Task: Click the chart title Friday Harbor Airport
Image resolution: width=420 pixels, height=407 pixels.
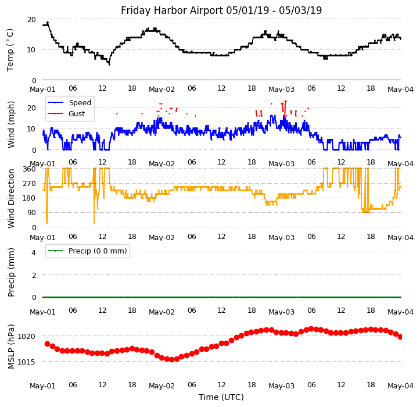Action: pyautogui.click(x=221, y=10)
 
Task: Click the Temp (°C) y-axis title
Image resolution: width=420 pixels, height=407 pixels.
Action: pyautogui.click(x=10, y=49)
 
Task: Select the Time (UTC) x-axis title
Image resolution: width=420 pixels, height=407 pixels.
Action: pyautogui.click(x=221, y=397)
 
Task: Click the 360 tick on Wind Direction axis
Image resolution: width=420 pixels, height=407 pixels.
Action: pyautogui.click(x=29, y=169)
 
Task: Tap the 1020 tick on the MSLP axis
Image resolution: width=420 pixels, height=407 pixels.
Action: pyautogui.click(x=27, y=336)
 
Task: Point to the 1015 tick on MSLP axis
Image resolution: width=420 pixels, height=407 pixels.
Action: pyautogui.click(x=27, y=362)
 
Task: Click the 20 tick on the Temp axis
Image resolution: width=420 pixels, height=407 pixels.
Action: pyautogui.click(x=31, y=19)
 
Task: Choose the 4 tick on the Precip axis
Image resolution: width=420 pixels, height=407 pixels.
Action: pyautogui.click(x=34, y=252)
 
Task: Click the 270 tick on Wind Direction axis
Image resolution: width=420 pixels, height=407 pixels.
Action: pyautogui.click(x=29, y=184)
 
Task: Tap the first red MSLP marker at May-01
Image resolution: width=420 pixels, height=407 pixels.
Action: pyautogui.click(x=47, y=344)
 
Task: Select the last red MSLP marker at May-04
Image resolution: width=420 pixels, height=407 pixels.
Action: pyautogui.click(x=400, y=337)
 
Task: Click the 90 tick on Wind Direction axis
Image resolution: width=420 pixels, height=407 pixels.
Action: pyautogui.click(x=31, y=213)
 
